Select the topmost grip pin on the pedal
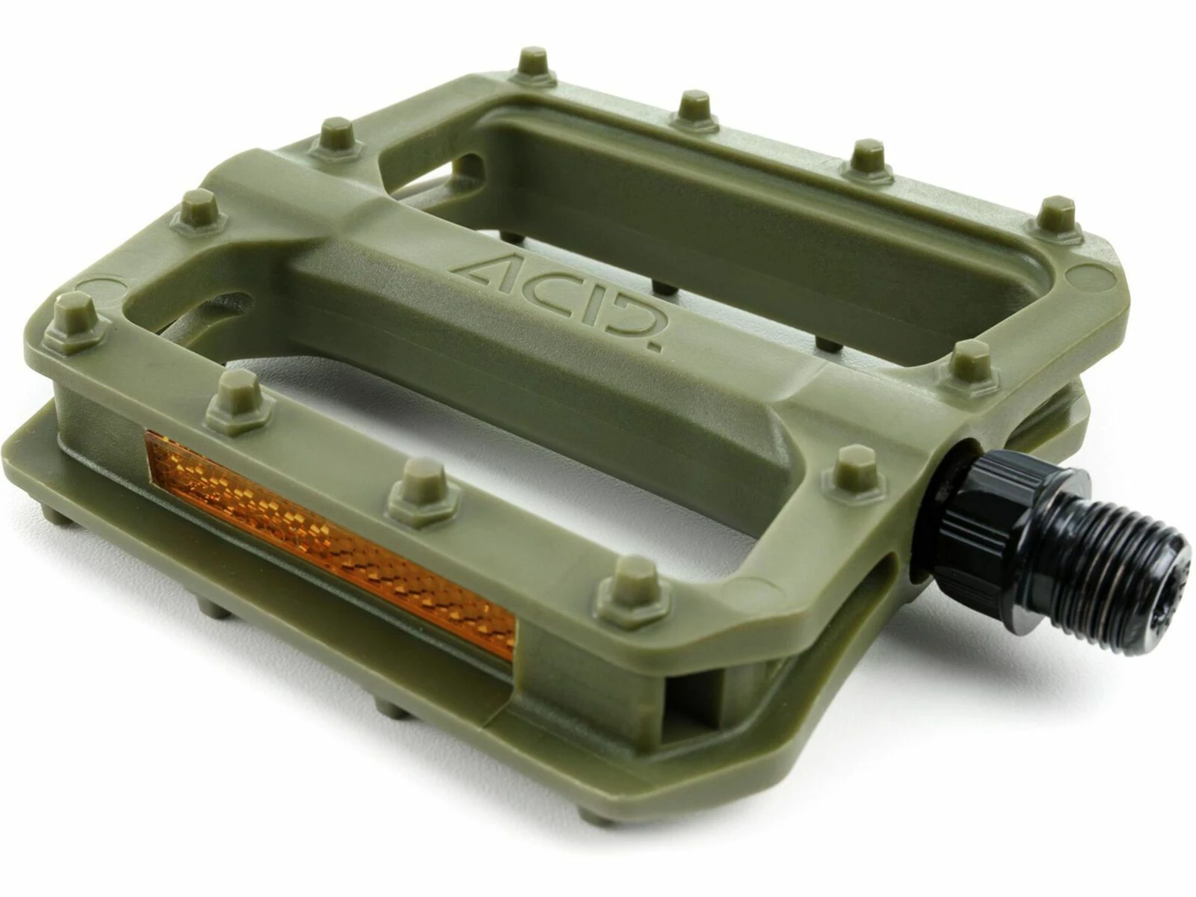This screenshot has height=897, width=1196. pos(533,62)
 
